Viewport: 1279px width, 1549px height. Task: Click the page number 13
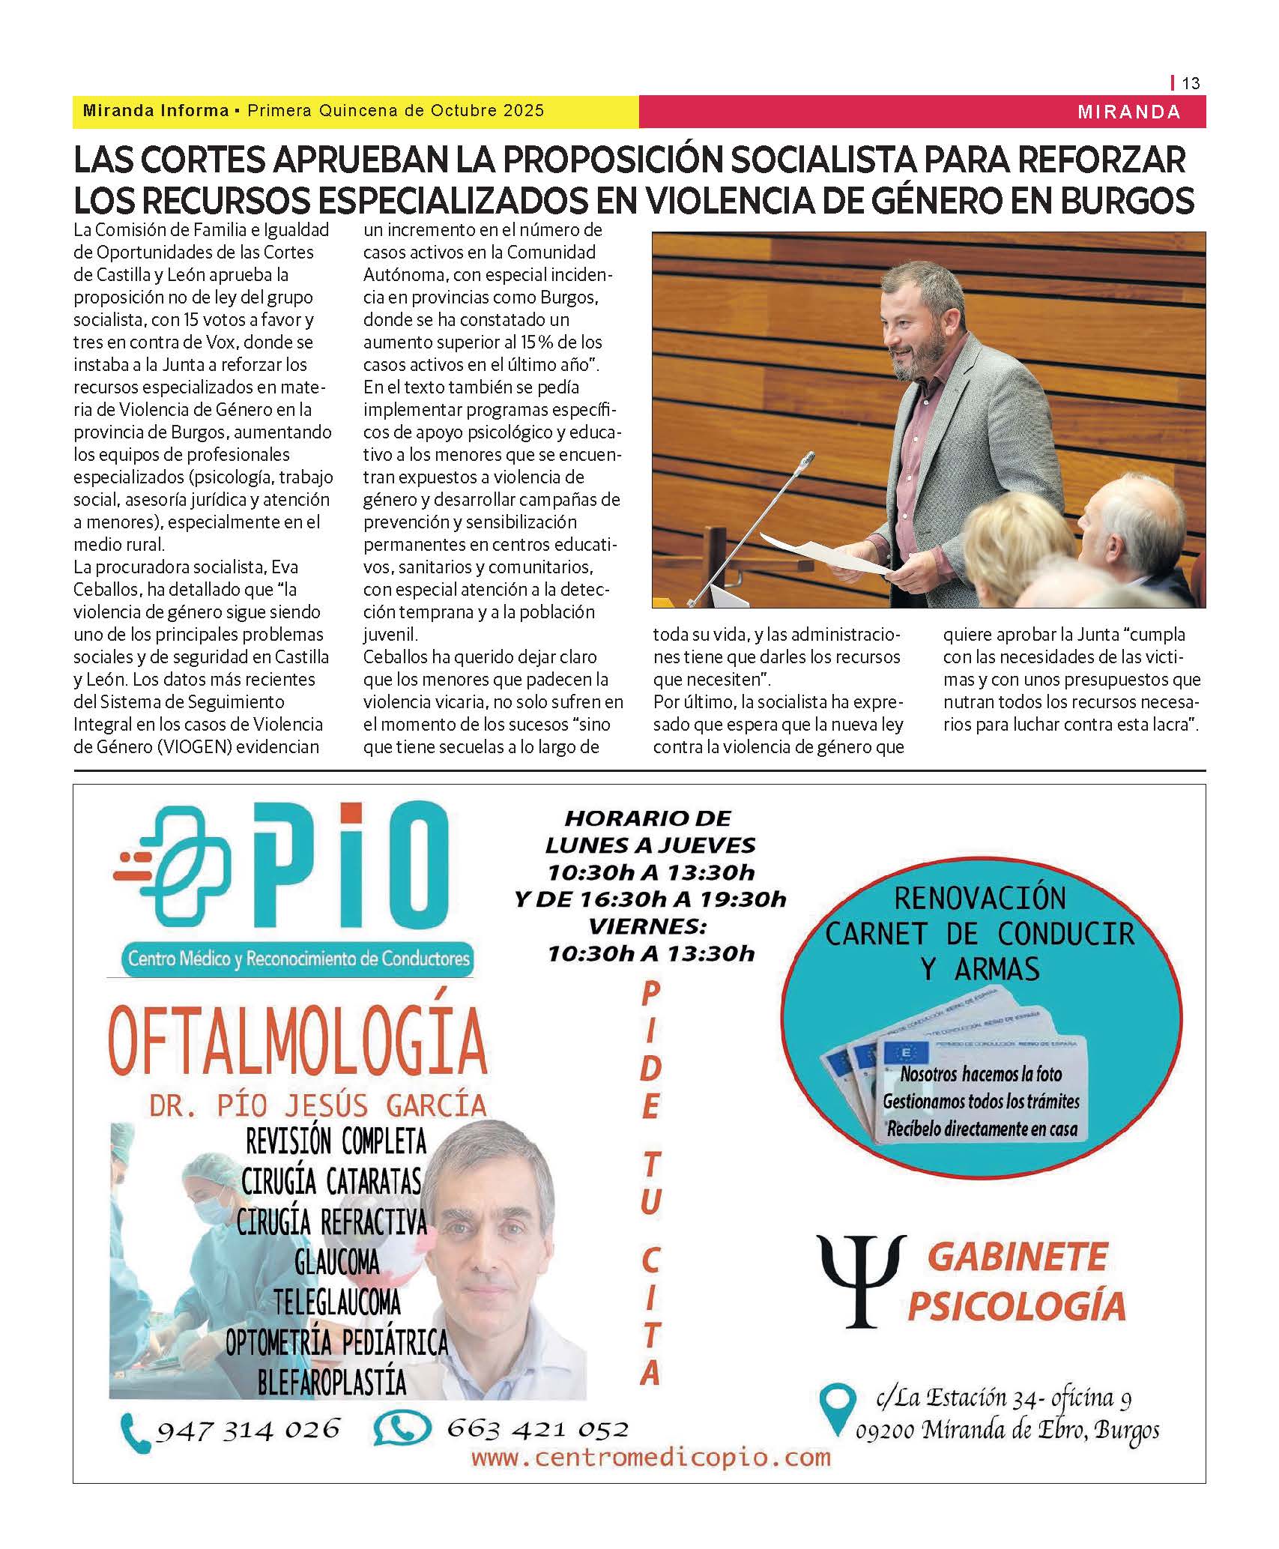[x=1191, y=83]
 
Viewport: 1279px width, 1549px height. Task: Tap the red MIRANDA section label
[x=1128, y=112]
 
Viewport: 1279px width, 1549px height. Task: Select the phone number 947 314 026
[x=248, y=1429]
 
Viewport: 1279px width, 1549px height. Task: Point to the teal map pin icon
[x=838, y=1410]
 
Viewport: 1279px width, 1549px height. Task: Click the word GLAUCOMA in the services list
[x=336, y=1263]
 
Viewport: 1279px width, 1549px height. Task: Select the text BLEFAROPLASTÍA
[x=332, y=1383]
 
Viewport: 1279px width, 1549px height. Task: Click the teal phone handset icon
[x=136, y=1433]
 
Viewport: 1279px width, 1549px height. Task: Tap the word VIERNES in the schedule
[x=647, y=926]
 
